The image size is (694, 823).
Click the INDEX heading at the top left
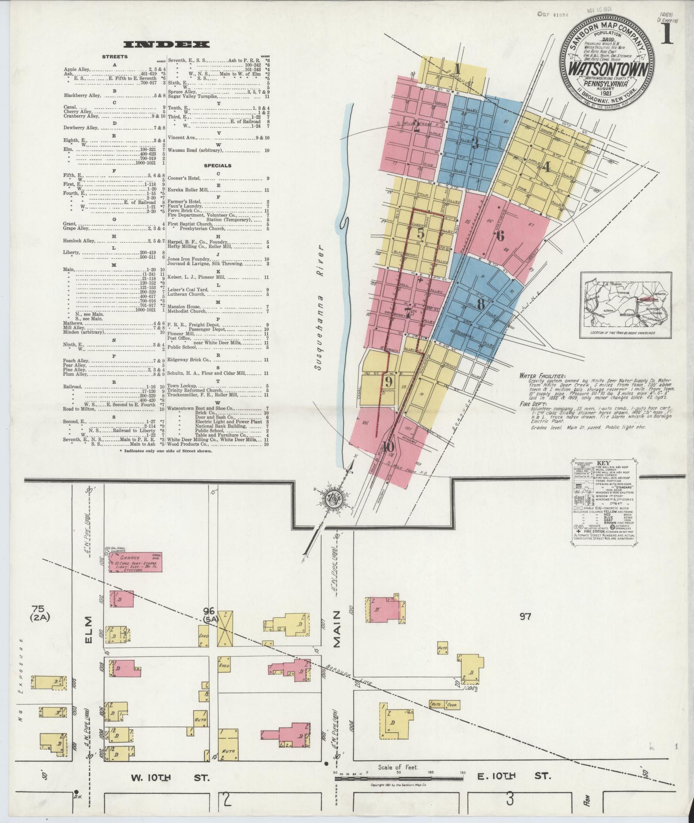[x=166, y=44]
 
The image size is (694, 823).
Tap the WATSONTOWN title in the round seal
[x=601, y=69]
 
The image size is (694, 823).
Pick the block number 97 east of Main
[x=525, y=617]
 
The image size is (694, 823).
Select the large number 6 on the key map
[x=500, y=236]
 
